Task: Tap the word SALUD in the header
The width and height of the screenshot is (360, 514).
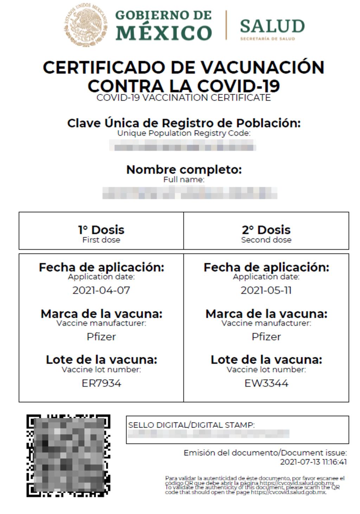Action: point(272,26)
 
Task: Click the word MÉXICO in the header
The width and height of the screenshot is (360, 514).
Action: point(163,33)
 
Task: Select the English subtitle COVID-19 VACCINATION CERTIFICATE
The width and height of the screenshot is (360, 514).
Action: point(184,97)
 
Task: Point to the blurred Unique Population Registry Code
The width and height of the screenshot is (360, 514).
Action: point(182,145)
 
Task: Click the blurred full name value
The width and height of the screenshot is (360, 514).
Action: point(190,193)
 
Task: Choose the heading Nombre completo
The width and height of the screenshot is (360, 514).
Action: point(184,170)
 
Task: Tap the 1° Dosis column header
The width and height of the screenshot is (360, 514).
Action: point(101,230)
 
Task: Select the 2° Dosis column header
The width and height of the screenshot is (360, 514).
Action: point(266,230)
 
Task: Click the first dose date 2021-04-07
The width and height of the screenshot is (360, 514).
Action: point(101,290)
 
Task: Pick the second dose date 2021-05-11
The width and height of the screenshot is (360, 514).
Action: point(266,290)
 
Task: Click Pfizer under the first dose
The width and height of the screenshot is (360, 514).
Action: point(101,337)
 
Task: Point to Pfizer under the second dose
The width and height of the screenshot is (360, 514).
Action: point(266,337)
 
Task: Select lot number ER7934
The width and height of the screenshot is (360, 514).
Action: point(101,383)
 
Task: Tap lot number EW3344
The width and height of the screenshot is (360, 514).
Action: point(266,383)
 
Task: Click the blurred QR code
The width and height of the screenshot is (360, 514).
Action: point(68,456)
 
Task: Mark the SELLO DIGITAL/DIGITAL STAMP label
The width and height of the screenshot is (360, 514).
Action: point(191,425)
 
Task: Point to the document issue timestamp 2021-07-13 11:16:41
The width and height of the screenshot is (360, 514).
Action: point(313,462)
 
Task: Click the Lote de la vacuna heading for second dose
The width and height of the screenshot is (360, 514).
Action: point(266,360)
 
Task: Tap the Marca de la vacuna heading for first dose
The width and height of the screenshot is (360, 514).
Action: point(101,313)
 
